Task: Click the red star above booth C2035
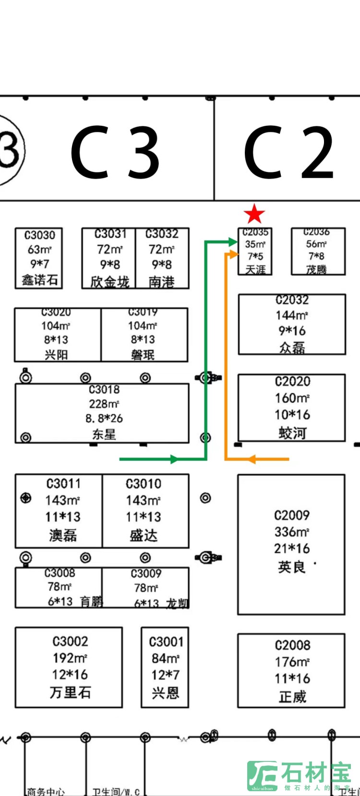pyautogui.click(x=254, y=214)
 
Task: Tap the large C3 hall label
pyautogui.click(x=115, y=153)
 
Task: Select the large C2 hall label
pyautogui.click(x=288, y=153)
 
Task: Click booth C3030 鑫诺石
pyautogui.click(x=39, y=258)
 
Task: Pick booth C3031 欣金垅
pyautogui.click(x=109, y=258)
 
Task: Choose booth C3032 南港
pyautogui.click(x=162, y=258)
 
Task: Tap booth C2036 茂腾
pyautogui.click(x=318, y=251)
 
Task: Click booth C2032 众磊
pyautogui.click(x=292, y=325)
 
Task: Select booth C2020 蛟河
pyautogui.click(x=292, y=408)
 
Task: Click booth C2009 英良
pyautogui.click(x=291, y=544)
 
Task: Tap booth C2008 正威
pyautogui.click(x=291, y=670)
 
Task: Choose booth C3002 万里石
pyautogui.click(x=69, y=667)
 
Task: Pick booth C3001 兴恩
pyautogui.click(x=165, y=667)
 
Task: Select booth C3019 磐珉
pyautogui.click(x=144, y=335)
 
